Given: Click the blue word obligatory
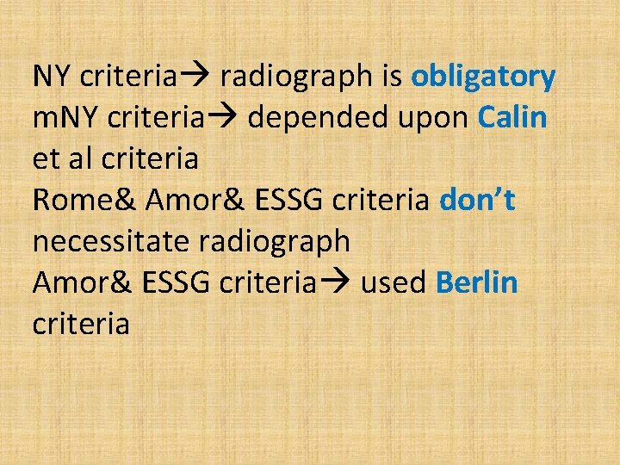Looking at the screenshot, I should (x=483, y=77).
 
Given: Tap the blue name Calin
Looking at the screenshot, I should (x=512, y=118).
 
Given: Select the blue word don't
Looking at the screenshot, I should (x=477, y=201).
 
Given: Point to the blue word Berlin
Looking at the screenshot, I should (x=477, y=283).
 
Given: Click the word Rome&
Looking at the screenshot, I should (x=85, y=201).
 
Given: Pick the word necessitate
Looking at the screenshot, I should (x=112, y=242).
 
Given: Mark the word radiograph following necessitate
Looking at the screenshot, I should (x=275, y=242).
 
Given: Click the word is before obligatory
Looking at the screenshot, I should (x=391, y=77).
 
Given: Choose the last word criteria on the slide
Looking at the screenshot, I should (x=81, y=325).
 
